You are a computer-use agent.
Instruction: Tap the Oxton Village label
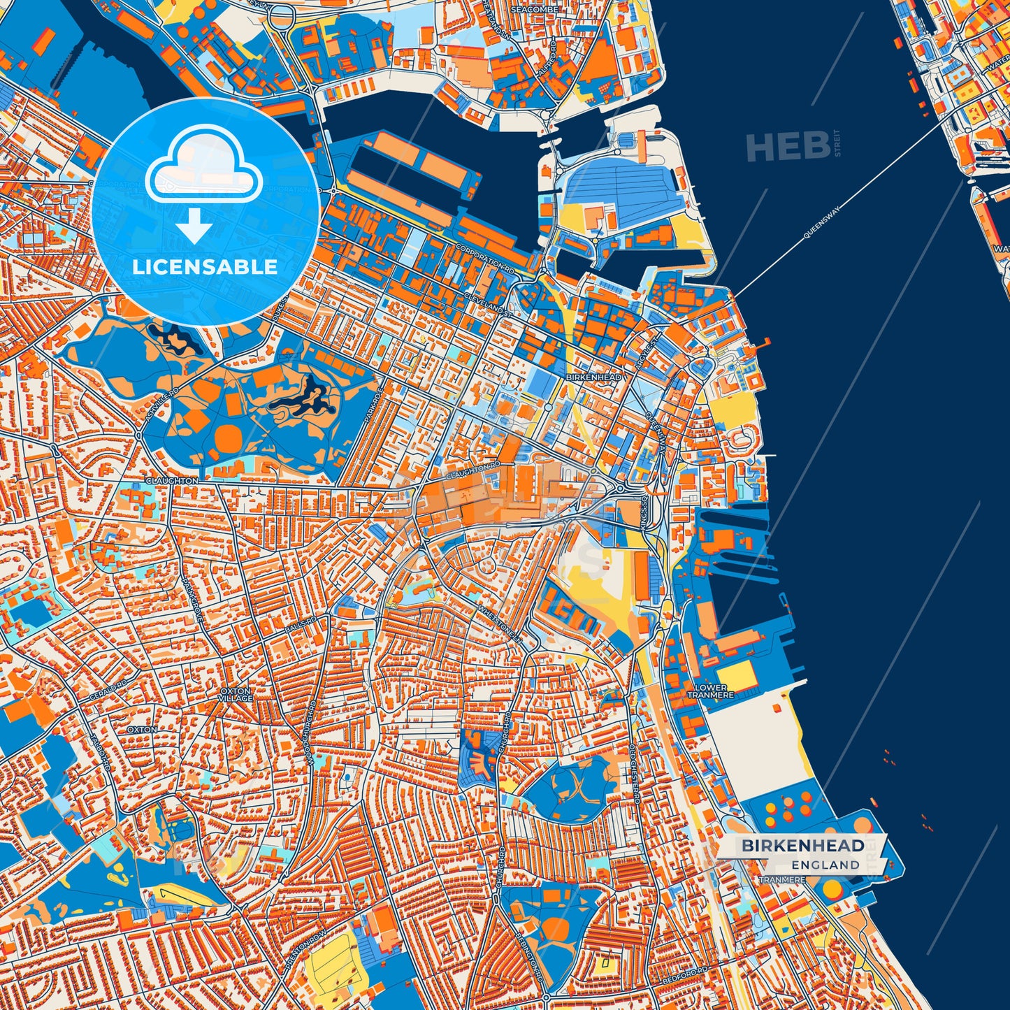(x=235, y=694)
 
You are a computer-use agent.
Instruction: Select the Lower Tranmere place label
(x=711, y=691)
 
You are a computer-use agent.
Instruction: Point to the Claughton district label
(x=171, y=481)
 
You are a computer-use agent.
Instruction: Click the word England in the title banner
(x=825, y=865)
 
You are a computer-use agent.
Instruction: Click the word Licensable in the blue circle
(x=205, y=266)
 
